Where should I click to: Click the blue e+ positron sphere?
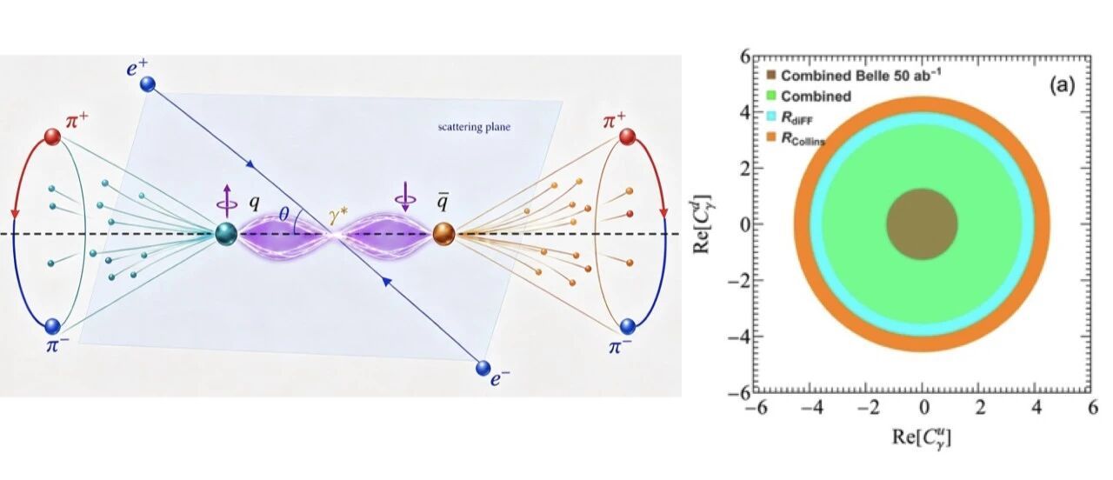[148, 84]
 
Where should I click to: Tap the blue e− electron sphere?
[483, 368]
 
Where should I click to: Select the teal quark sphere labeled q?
[227, 234]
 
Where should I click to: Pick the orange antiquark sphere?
[443, 234]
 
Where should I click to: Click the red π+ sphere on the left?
[52, 137]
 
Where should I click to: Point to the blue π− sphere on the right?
[628, 326]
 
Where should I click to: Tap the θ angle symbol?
[283, 214]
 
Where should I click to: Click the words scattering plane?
[474, 127]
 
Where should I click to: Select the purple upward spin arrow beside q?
[227, 201]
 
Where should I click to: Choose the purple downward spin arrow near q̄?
[405, 197]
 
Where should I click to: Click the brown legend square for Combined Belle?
[771, 75]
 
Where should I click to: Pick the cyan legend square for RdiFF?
[771, 117]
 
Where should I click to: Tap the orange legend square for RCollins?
[771, 137]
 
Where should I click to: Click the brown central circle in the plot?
[923, 224]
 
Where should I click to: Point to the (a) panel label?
[1062, 86]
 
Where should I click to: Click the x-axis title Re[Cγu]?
[922, 437]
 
